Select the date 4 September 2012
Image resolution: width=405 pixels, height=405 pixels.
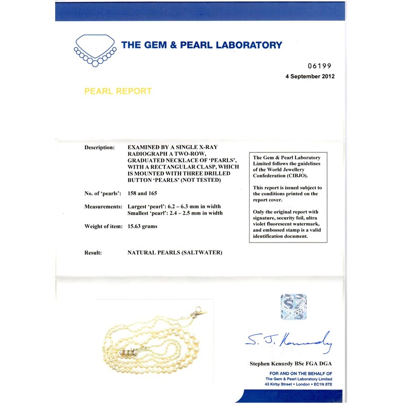tap(310, 76)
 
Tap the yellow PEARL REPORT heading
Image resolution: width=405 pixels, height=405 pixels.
tap(117, 92)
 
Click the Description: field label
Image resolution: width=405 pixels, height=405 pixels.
tap(99, 147)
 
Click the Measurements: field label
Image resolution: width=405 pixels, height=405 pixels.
tap(103, 207)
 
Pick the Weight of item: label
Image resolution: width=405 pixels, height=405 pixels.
tap(103, 226)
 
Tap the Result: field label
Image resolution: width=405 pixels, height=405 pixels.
tap(94, 252)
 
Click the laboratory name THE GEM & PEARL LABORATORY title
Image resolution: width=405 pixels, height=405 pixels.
tap(201, 45)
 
